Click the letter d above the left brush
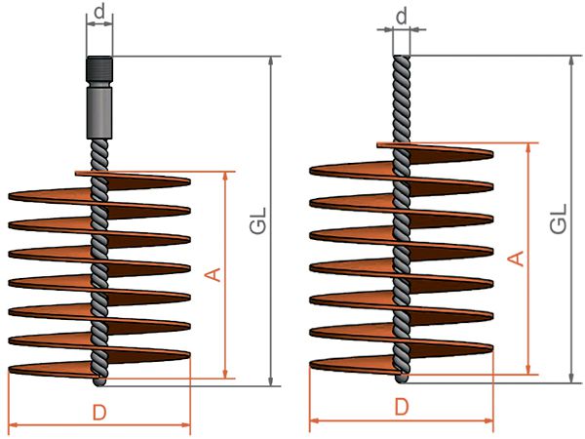(x=99, y=12)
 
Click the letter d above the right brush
(x=401, y=17)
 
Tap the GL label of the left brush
(x=258, y=220)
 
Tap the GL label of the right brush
(x=559, y=219)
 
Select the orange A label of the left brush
(x=214, y=274)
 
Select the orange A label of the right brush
(x=517, y=259)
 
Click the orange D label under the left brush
(x=99, y=413)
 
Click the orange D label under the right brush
(x=402, y=407)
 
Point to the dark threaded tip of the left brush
(x=99, y=71)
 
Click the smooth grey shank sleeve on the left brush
(x=99, y=113)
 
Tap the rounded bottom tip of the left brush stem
(x=99, y=381)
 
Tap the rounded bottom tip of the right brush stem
(x=402, y=379)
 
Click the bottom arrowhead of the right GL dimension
(x=571, y=378)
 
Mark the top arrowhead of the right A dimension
(x=528, y=148)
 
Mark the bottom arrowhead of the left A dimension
(x=225, y=374)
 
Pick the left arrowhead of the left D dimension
(x=14, y=424)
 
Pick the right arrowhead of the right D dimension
(x=488, y=421)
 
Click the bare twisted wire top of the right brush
(x=402, y=99)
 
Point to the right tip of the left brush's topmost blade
(x=190, y=181)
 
